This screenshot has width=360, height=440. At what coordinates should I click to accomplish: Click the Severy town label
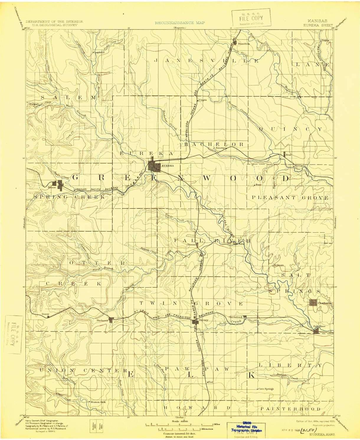point(204,320)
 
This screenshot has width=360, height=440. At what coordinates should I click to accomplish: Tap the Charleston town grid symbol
point(313,302)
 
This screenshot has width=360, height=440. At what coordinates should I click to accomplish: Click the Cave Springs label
point(266,389)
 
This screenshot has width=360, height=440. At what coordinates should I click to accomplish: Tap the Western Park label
point(98,402)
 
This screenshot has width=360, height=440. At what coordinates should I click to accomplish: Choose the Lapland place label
point(99,52)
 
